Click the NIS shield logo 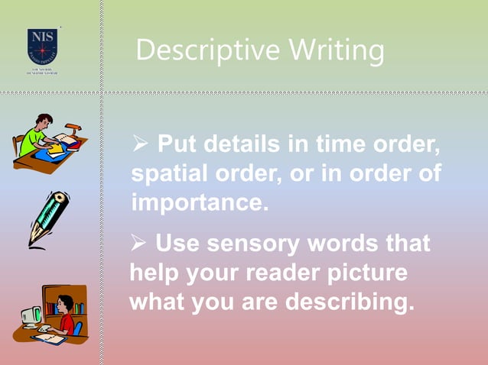pos(44,45)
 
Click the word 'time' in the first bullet pos(319,144)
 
